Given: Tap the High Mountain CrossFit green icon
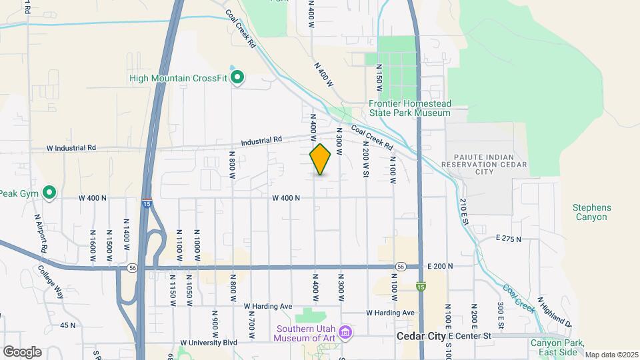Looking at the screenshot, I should (x=237, y=78).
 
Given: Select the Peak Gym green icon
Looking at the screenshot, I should (x=49, y=193).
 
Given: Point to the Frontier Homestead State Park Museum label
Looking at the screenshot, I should (x=410, y=109).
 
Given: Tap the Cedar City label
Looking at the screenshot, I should (x=420, y=337).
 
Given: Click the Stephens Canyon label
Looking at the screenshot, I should (x=590, y=212).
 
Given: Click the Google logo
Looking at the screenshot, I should (x=21, y=351).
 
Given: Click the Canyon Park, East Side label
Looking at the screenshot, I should (x=557, y=347).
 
